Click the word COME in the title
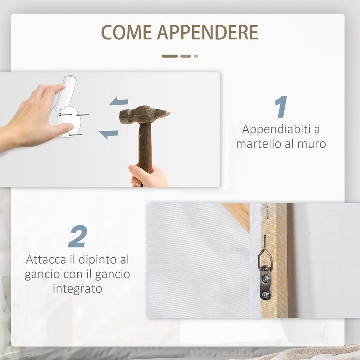127,32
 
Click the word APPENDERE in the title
207,32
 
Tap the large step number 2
78,236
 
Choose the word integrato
77,289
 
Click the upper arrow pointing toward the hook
118,101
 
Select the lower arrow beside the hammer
109,134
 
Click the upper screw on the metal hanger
266,278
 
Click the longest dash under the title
170,56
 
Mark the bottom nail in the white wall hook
76,135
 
